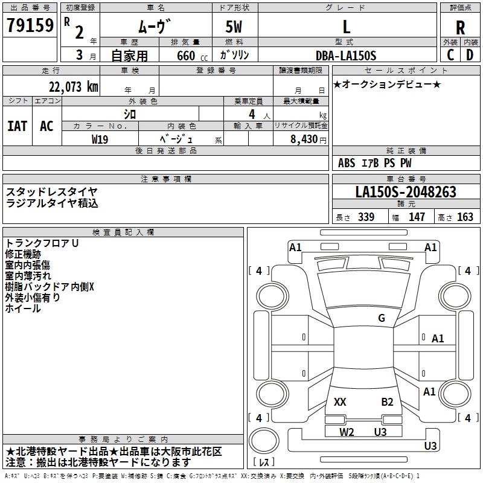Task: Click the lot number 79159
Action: (x=30, y=26)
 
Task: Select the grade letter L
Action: (x=346, y=27)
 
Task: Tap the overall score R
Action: (x=460, y=27)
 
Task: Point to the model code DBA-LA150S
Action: (x=346, y=56)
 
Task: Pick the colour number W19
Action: (x=100, y=138)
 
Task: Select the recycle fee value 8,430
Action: (x=305, y=139)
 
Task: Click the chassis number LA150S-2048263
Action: (x=406, y=193)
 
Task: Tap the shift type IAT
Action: (x=17, y=126)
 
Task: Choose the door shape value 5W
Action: (x=234, y=27)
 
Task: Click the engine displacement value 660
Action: (x=186, y=56)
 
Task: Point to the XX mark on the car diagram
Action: (x=340, y=401)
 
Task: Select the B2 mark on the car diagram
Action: (x=387, y=401)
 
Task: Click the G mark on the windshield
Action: (x=381, y=318)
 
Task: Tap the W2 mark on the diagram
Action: (x=347, y=432)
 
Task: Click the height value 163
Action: (x=465, y=217)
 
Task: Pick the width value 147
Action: (x=417, y=217)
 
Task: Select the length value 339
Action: (x=366, y=217)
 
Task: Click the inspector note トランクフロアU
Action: (x=42, y=243)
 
